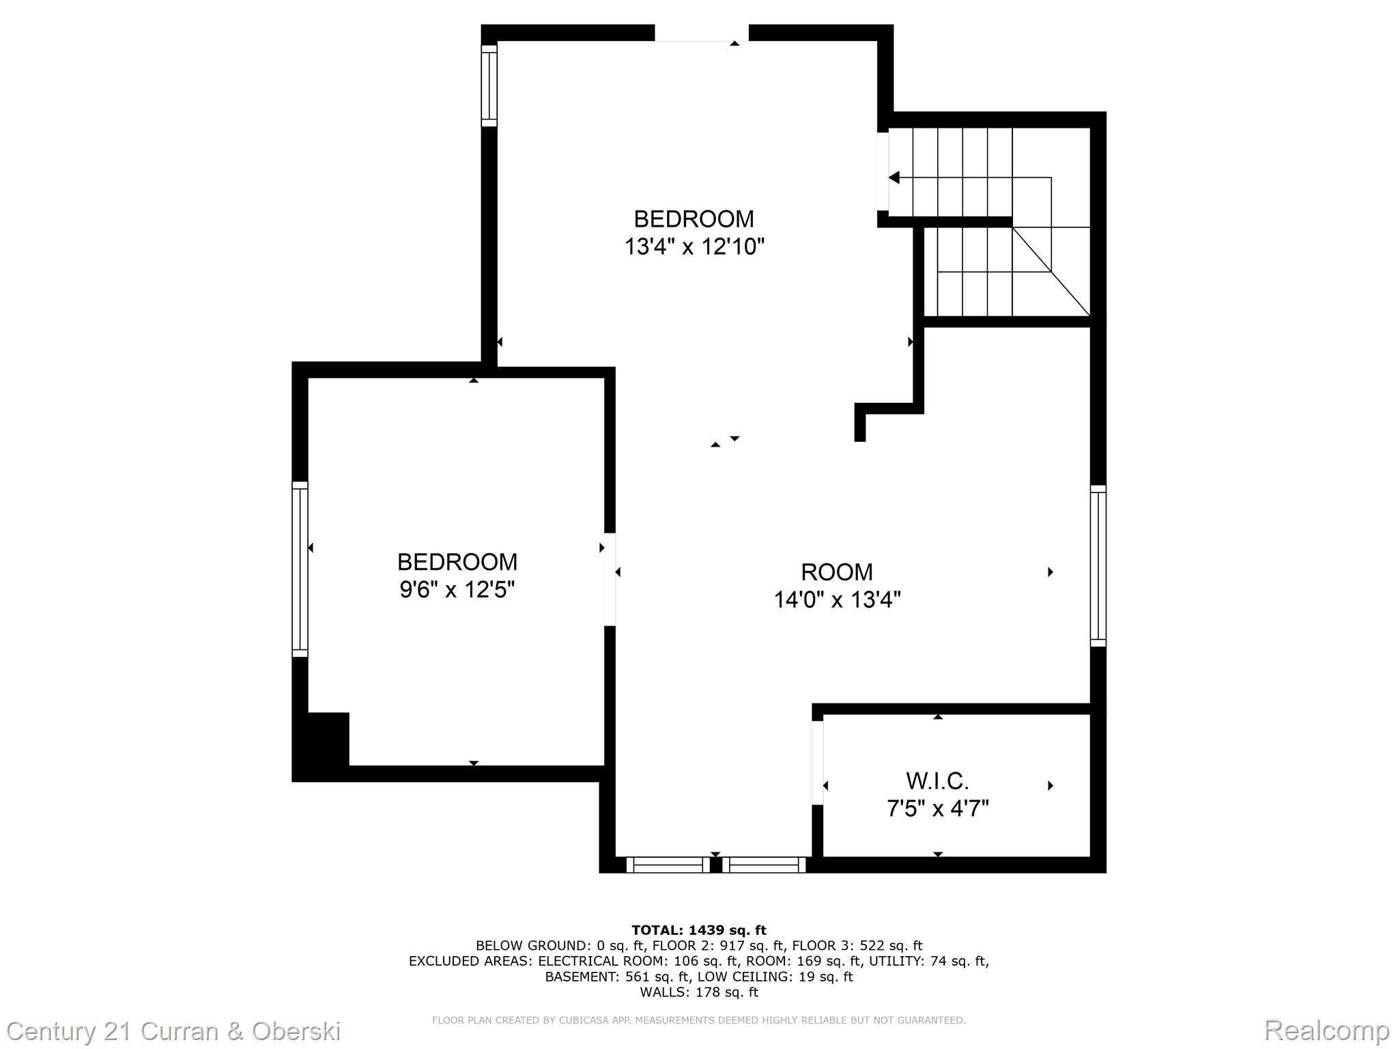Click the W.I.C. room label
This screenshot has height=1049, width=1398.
tap(937, 781)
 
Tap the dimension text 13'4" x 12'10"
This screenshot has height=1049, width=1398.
tap(694, 247)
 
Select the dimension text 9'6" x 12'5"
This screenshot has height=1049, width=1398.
tap(457, 589)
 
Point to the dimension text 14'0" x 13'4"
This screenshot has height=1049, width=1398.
tap(837, 600)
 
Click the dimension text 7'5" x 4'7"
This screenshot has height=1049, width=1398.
tap(937, 809)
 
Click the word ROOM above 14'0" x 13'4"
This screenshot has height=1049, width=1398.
tap(837, 572)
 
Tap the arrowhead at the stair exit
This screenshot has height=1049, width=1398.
tap(894, 178)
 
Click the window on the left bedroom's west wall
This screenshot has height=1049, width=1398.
tap(300, 569)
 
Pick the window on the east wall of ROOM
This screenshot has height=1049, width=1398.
tap(1098, 565)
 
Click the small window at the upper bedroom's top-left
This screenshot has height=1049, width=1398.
tap(489, 86)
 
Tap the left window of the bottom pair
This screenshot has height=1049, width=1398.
tap(668, 865)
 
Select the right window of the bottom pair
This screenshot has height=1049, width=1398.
tap(765, 865)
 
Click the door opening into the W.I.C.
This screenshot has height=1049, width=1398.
tap(817, 763)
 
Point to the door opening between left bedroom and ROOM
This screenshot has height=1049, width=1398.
tap(610, 579)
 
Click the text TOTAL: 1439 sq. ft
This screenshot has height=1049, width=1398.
tap(698, 930)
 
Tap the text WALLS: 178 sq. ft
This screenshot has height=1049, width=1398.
tap(698, 992)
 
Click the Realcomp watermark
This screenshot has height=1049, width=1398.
tap(1326, 1031)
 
